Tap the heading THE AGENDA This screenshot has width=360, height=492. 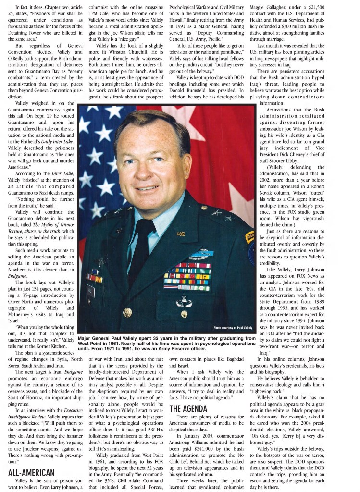pyautogui.click(x=188, y=409)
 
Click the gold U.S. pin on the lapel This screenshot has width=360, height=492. pyautogui.click(x=181, y=234)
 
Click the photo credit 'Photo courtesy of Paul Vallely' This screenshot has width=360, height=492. pyautogui.click(x=234, y=328)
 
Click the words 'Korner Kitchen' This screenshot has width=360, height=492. pyautogui.click(x=48, y=347)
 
